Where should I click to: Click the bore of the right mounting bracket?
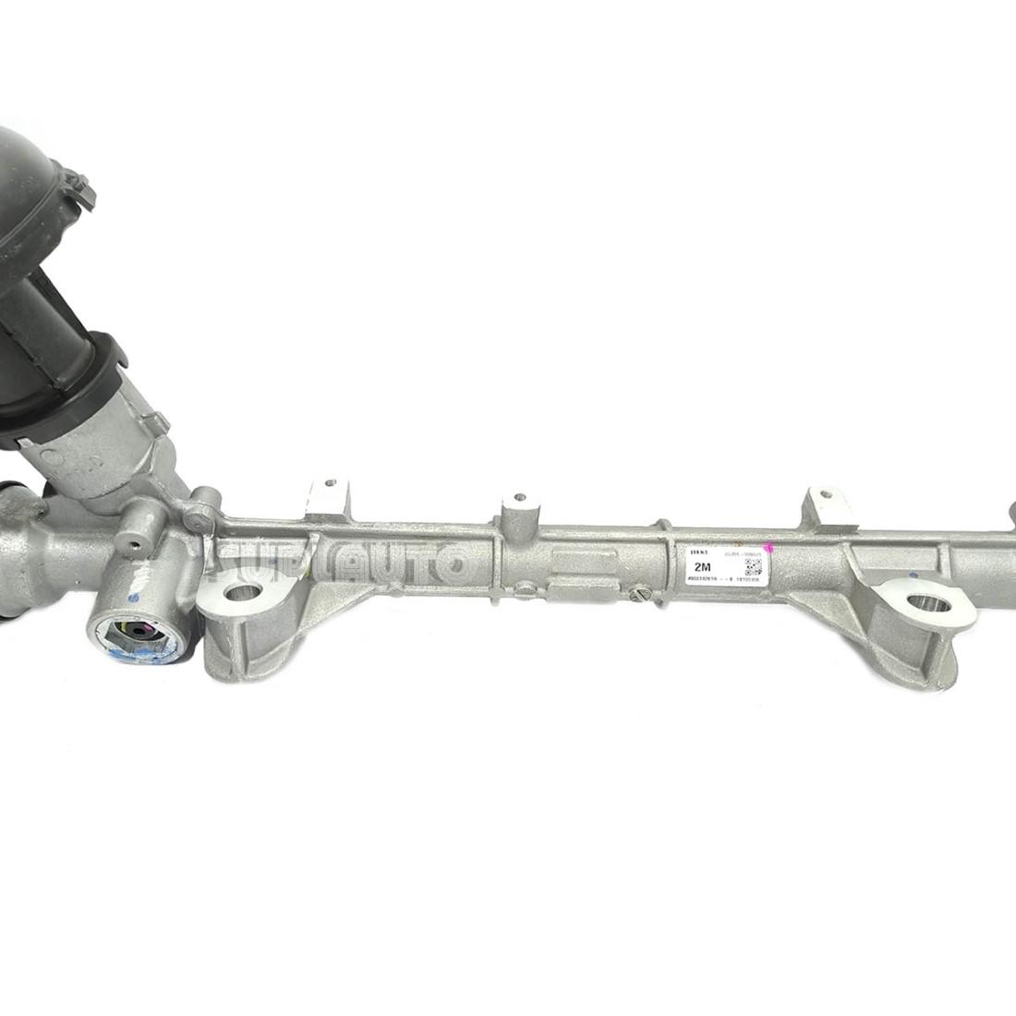[x=928, y=605]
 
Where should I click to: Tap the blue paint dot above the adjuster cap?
[x=134, y=599]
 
